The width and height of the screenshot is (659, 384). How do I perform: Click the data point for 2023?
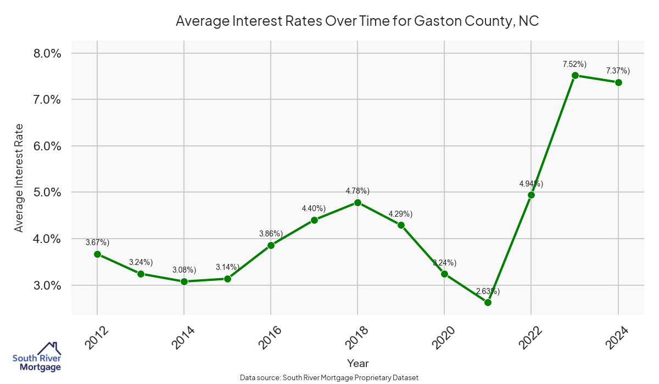(x=575, y=75)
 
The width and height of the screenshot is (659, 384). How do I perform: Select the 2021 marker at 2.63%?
(x=488, y=302)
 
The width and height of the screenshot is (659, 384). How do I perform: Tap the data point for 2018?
(x=358, y=202)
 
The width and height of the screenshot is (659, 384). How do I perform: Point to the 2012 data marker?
(x=97, y=254)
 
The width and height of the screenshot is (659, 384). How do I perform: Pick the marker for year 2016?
(x=271, y=245)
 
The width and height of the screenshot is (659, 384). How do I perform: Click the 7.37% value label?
(x=618, y=71)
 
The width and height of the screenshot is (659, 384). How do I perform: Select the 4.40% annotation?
(x=314, y=208)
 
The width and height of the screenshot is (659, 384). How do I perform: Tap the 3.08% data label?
(x=184, y=270)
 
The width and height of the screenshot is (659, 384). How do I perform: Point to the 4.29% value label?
(x=400, y=213)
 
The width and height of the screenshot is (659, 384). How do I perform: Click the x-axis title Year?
(x=358, y=363)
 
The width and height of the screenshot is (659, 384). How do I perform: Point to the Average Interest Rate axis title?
(x=19, y=178)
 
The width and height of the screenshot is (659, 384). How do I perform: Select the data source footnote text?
(x=329, y=377)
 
